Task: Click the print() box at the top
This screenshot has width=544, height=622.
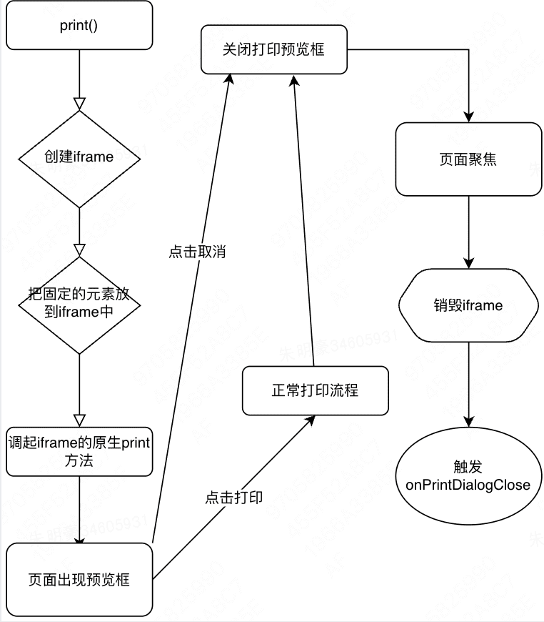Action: coord(79,28)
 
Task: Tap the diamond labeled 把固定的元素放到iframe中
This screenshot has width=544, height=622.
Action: coord(79,304)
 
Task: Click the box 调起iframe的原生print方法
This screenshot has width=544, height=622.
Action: coord(79,452)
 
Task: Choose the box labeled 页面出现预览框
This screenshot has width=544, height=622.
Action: coord(79,579)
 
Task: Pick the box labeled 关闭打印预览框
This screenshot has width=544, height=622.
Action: coord(273,50)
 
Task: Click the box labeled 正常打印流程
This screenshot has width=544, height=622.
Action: coord(315,390)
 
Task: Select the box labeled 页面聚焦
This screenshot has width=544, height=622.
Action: coord(468,159)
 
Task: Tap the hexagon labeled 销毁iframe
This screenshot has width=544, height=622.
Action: coord(468,306)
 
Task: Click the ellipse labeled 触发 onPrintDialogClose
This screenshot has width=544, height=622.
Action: coord(468,476)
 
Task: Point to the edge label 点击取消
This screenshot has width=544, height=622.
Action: coord(197,252)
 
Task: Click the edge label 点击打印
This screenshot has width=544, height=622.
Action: coord(233,498)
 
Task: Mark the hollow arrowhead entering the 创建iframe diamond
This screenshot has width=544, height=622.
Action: coord(79,103)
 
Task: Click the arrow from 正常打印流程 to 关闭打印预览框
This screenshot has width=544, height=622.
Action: coord(304,222)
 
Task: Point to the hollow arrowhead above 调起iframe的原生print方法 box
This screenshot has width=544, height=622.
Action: coord(79,420)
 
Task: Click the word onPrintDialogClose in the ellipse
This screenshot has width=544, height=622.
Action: coord(468,485)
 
